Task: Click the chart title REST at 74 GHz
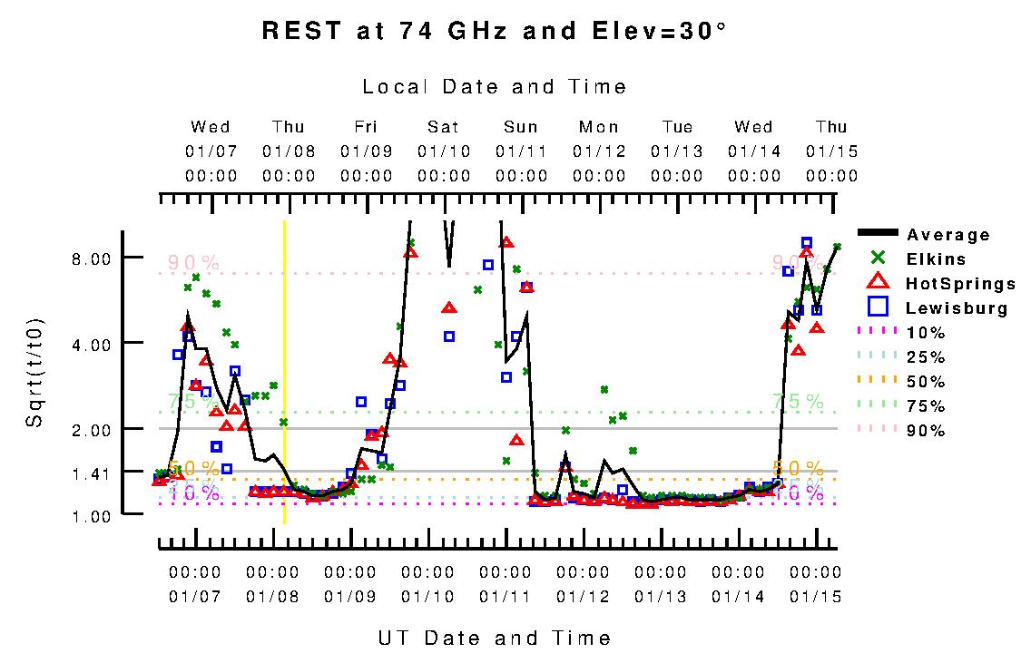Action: tap(494, 31)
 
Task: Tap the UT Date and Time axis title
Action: tap(495, 638)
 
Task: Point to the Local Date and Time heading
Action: tap(495, 87)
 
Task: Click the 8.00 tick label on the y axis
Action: tap(91, 258)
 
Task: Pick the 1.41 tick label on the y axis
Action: tap(91, 473)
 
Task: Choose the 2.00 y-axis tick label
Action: tap(91, 429)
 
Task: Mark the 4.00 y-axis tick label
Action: tap(91, 344)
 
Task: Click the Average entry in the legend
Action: tap(948, 235)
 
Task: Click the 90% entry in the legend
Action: tap(926, 431)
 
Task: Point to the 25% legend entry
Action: tap(926, 357)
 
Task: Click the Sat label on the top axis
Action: tap(444, 127)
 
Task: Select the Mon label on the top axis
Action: tap(599, 127)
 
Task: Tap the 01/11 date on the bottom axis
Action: tap(505, 596)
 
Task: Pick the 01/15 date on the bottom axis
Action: tap(815, 596)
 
